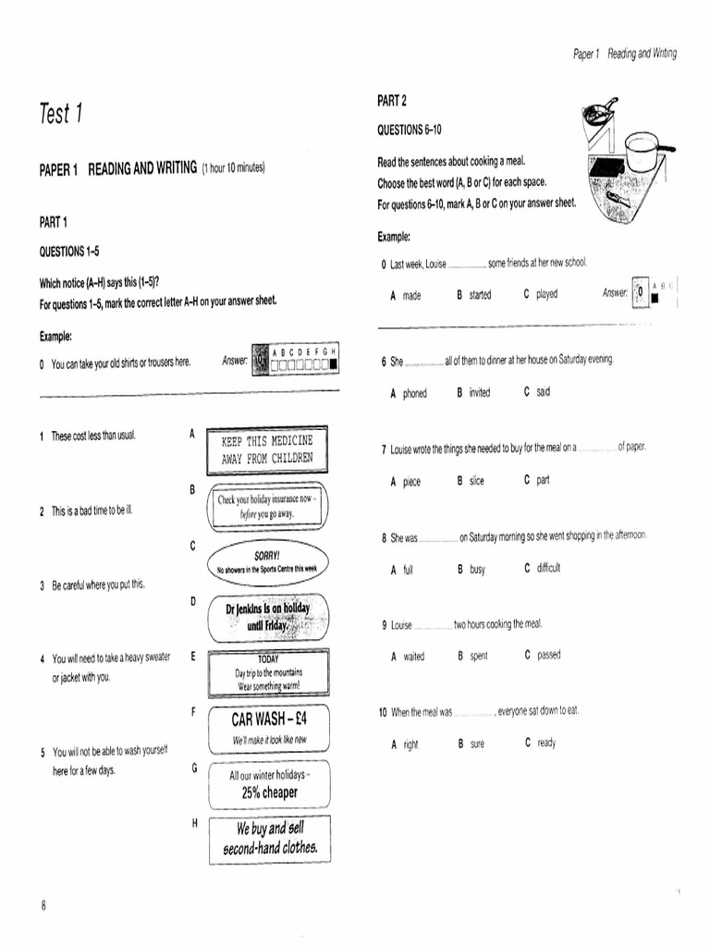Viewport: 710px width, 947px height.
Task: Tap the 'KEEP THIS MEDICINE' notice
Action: coord(267,449)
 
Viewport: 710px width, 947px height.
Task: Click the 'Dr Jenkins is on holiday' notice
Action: coord(268,617)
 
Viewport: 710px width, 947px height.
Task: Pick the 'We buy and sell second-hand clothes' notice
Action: coord(269,838)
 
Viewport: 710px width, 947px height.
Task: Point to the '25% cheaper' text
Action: coord(269,793)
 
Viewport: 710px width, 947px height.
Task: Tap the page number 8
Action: coord(43,905)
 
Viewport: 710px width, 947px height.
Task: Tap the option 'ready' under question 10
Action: coord(546,743)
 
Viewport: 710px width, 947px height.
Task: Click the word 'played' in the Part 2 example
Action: coord(546,295)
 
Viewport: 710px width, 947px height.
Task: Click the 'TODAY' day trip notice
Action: coord(268,672)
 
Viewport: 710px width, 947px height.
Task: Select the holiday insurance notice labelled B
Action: coord(267,506)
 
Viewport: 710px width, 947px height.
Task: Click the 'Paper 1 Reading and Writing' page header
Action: coord(624,54)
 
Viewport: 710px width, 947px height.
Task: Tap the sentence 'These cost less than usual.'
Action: coord(92,436)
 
